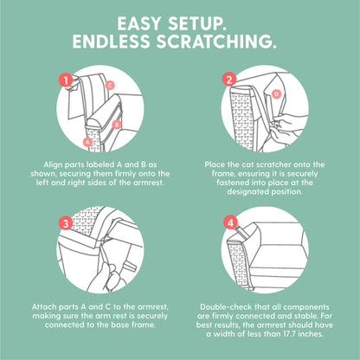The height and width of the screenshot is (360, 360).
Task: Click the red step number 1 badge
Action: [66, 80]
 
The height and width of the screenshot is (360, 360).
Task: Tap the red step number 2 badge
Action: [229, 80]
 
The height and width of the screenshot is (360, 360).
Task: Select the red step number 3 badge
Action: [66, 223]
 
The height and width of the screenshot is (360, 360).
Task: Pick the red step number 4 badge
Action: [230, 222]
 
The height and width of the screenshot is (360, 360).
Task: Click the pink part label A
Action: [87, 142]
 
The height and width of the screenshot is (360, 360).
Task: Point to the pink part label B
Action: [116, 125]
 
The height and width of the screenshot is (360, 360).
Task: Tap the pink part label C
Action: [110, 85]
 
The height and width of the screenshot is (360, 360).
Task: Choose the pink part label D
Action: [276, 93]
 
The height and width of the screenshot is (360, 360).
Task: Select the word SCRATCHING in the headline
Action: [216, 42]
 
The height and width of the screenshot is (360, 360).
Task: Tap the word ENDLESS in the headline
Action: [112, 42]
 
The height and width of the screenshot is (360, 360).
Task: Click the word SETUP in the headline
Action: [196, 23]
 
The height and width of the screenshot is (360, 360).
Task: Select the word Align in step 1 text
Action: [53, 164]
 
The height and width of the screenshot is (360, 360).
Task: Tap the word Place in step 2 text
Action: [215, 164]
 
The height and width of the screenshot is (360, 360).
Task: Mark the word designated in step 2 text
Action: [248, 191]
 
